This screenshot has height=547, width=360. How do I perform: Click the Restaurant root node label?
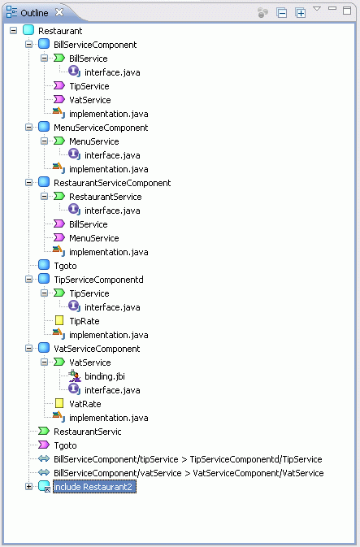tap(60, 31)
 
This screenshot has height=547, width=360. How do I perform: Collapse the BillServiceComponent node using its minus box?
tap(29, 45)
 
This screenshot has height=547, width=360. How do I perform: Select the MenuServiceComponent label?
tap(101, 128)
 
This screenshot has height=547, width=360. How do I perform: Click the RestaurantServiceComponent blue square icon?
tap(44, 182)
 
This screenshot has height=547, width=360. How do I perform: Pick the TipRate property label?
tap(85, 321)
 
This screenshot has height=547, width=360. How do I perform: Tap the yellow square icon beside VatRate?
tap(59, 404)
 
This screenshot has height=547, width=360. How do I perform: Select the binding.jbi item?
tap(105, 376)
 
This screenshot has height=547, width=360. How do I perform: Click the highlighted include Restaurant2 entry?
tap(94, 487)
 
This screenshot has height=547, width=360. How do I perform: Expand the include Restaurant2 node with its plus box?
tap(29, 486)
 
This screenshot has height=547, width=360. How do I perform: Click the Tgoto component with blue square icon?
tap(65, 266)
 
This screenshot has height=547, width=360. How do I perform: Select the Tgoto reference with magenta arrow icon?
tap(65, 445)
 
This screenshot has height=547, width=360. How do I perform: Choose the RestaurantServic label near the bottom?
tap(88, 432)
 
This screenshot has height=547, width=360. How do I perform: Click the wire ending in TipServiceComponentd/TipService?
tap(188, 459)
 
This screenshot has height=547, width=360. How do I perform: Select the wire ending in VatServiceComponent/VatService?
tap(189, 473)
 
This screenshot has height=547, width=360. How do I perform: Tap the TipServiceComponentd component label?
tap(98, 280)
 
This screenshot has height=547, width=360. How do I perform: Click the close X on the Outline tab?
tap(59, 12)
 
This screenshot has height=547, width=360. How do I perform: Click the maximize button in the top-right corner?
tap(347, 11)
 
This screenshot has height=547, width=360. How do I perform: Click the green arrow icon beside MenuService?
tap(59, 141)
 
